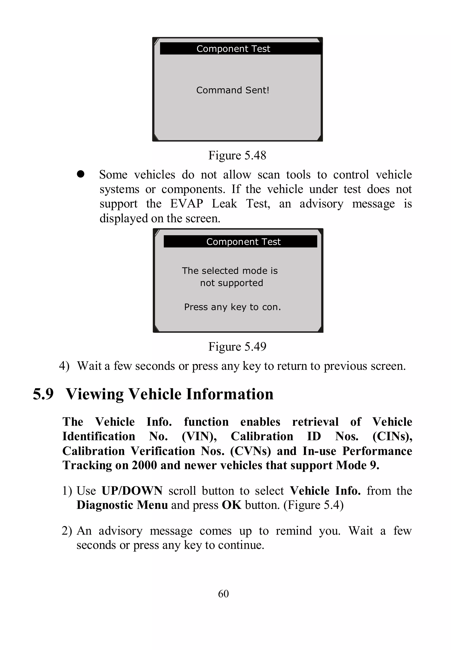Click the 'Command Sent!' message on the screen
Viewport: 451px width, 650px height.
233,90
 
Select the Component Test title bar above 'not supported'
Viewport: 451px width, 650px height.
240,242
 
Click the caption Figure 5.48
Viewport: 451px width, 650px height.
237,155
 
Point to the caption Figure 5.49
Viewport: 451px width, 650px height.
237,346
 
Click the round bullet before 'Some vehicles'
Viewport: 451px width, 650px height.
81,174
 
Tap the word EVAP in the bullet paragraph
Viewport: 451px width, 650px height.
187,204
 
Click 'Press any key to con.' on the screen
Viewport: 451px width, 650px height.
232,307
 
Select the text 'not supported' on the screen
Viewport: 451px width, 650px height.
231,283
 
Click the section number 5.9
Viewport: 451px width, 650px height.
43,394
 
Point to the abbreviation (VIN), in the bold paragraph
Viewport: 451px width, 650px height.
199,436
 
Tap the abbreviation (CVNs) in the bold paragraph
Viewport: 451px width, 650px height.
250,451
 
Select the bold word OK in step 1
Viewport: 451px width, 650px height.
231,505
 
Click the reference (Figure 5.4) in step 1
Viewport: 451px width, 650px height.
313,505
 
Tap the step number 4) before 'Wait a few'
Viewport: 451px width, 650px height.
64,366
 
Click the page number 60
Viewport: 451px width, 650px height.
223,593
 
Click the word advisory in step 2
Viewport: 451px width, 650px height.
120,531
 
